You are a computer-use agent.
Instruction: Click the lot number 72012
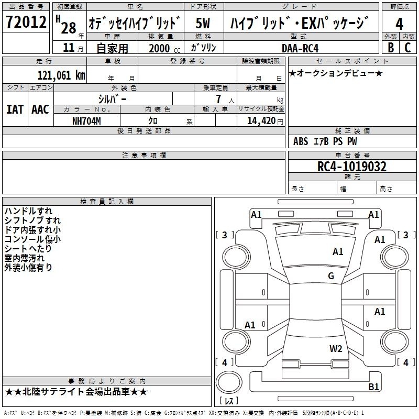coord(26,23)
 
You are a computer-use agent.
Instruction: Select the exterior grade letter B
coord(390,47)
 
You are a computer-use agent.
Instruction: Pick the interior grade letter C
coord(408,47)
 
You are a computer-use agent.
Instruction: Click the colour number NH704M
coord(86,120)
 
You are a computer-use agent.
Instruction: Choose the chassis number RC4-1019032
coord(352,167)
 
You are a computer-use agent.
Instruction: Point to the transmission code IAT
coord(15,109)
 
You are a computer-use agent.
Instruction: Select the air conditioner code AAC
coord(40,109)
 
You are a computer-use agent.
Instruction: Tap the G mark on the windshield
coord(331,276)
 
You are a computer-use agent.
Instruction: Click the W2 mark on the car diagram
coord(336,348)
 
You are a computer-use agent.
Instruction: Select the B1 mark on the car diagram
coord(374,387)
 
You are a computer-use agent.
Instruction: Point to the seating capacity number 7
coord(217,99)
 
